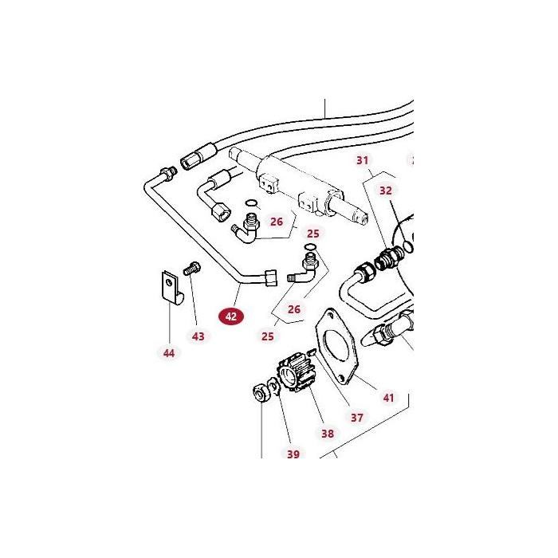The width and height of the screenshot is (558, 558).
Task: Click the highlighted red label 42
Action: [x=231, y=316]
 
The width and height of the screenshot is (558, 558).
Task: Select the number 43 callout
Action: [x=198, y=336]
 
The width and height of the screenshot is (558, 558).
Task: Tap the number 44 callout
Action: [x=168, y=352]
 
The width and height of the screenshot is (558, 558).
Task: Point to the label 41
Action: [x=388, y=398]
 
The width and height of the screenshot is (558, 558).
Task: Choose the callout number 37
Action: [x=356, y=418]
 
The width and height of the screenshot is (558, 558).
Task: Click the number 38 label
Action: [x=327, y=434]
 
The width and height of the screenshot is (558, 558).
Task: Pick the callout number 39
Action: [x=293, y=454]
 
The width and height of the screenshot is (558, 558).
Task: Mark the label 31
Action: [x=363, y=160]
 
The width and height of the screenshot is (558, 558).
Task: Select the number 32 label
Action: [x=386, y=191]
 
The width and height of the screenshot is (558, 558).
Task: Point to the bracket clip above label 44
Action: [x=170, y=288]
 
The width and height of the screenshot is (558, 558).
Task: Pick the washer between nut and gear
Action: [x=273, y=387]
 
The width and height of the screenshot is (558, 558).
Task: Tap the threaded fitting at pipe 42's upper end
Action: [x=167, y=172]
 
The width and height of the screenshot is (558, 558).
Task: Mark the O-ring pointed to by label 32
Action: [x=407, y=246]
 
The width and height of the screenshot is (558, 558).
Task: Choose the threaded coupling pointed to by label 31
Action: [x=388, y=257]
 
